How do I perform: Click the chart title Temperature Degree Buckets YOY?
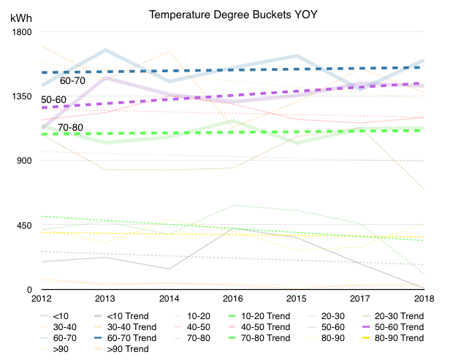tap(233, 15)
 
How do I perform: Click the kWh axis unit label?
tap(20, 18)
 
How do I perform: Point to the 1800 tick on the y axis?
tap(22, 31)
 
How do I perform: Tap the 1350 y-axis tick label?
tap(22, 96)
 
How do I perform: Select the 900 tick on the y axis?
tap(24, 160)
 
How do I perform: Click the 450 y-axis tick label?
tap(24, 225)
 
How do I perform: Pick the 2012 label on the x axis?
tap(42, 298)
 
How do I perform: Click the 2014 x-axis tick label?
tap(169, 298)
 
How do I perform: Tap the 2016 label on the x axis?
tap(232, 298)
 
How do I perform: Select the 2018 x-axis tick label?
tap(424, 298)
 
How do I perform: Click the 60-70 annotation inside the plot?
tap(72, 80)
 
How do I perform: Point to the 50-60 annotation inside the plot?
tap(54, 99)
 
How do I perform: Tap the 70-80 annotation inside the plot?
tap(70, 127)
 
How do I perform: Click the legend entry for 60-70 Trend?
tap(126, 338)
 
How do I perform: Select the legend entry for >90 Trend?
tap(121, 349)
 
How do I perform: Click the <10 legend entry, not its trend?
tap(54, 316)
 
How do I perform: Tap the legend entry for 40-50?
tap(192, 327)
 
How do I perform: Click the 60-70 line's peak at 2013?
tap(105, 50)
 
